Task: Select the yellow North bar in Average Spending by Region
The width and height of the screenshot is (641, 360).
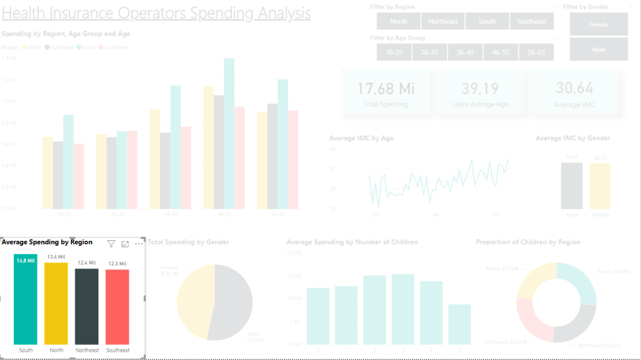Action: coord(56,304)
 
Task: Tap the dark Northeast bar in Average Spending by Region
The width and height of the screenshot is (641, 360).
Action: coord(87,307)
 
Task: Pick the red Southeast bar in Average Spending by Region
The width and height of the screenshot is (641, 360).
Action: coord(117,307)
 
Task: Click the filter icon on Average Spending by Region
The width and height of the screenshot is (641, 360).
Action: coord(111,244)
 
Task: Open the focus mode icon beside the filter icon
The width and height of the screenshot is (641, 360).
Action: coord(125,244)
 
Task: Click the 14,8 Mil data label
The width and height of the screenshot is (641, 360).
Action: coord(26,261)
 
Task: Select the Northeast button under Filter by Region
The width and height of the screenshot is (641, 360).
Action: coord(443,21)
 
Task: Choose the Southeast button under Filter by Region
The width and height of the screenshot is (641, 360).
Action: coord(532,21)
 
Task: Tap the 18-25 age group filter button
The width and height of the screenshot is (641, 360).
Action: coord(395,52)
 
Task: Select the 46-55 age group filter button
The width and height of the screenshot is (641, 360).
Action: coord(501,52)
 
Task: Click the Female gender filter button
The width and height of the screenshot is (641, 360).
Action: coord(598,24)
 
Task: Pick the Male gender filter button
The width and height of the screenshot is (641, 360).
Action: coord(598,50)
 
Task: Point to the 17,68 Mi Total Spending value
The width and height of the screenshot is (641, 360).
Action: coord(386,88)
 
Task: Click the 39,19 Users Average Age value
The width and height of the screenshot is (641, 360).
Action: coord(480,88)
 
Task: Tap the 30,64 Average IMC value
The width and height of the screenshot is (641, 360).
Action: coord(575,88)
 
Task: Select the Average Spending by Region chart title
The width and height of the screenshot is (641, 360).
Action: coord(47,242)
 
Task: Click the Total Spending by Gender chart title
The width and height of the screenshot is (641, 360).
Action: coord(188,242)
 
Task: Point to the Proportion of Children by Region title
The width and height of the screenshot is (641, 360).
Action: coord(527,242)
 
